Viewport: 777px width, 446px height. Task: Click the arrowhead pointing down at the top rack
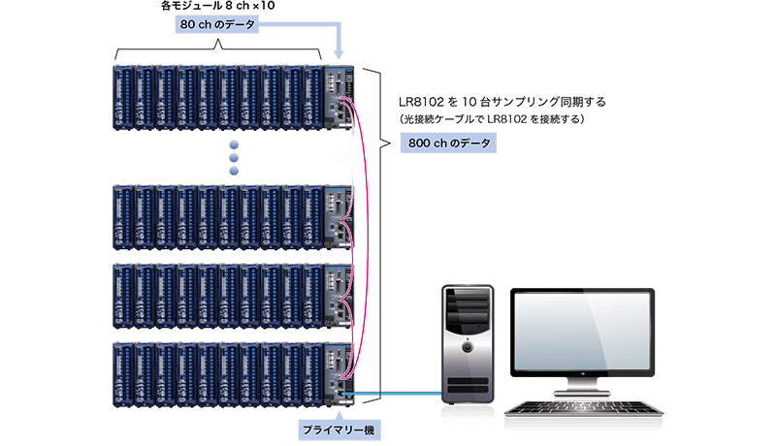tap(339, 56)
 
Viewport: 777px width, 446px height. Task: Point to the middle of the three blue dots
tap(233, 156)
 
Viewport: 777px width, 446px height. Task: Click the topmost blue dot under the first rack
tap(233, 143)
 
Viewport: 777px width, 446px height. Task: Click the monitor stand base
tap(583, 391)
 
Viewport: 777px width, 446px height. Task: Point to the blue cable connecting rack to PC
tap(398, 393)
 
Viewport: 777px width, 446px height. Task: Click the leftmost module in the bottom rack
tap(122, 374)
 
